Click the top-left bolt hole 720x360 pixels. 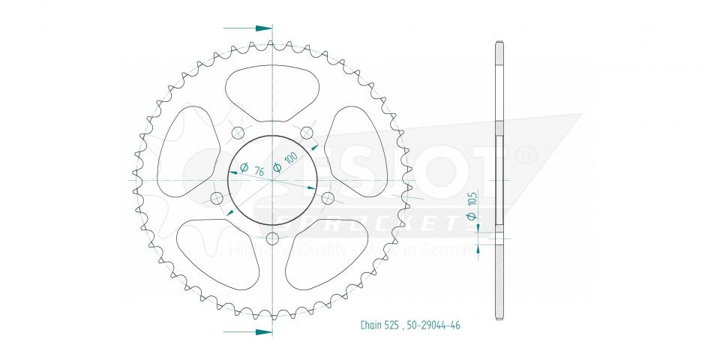coord(238,133)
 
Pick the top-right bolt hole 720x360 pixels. coord(306,133)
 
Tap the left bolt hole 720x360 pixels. coord(217,198)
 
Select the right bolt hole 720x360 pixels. coord(327,198)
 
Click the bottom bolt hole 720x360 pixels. coord(272,238)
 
